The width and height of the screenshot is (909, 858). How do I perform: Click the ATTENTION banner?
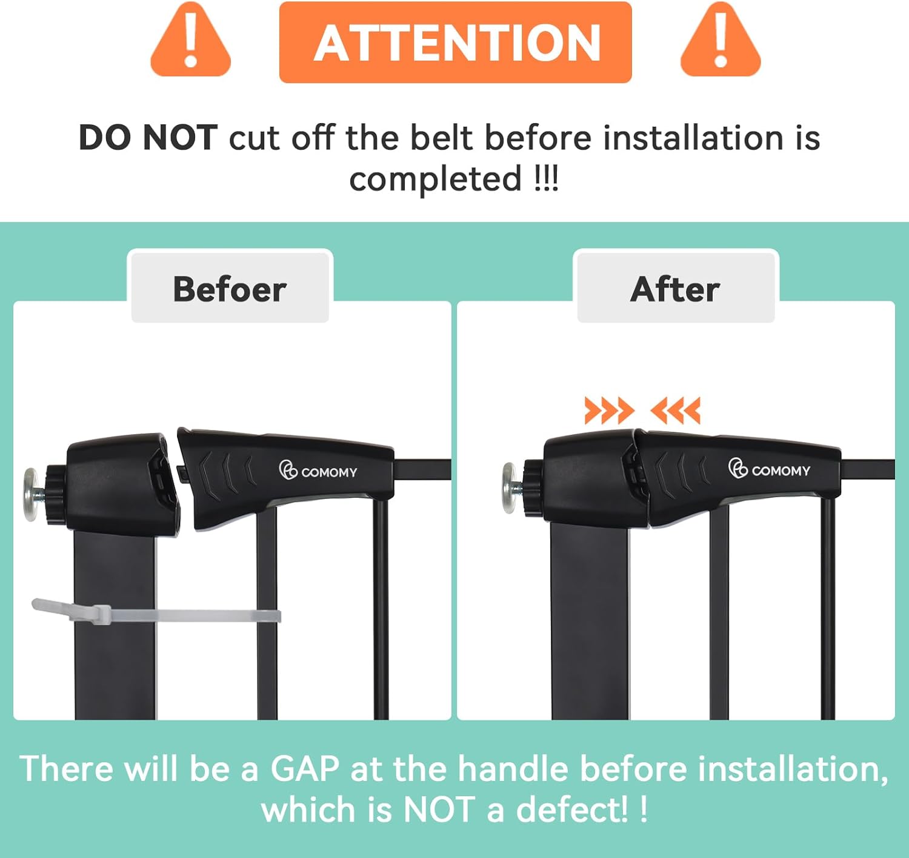pos(456,42)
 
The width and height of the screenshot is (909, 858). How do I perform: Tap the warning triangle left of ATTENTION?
pos(190,40)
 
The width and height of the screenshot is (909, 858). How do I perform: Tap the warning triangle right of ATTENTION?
pos(721,40)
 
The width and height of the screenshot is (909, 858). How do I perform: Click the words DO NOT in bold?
pos(148,138)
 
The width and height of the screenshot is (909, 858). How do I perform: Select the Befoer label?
pos(230,289)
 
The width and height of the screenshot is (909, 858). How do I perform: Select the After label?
pos(675,289)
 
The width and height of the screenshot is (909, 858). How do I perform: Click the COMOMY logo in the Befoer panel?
pos(318,471)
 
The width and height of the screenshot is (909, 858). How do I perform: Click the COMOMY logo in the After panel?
pos(769,469)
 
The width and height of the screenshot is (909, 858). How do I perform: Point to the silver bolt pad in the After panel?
pos(510,488)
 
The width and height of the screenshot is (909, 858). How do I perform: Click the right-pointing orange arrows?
pos(609,411)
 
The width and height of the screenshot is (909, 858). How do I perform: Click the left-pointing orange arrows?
pos(675,411)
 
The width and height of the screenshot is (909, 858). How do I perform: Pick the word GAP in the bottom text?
pos(305,768)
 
